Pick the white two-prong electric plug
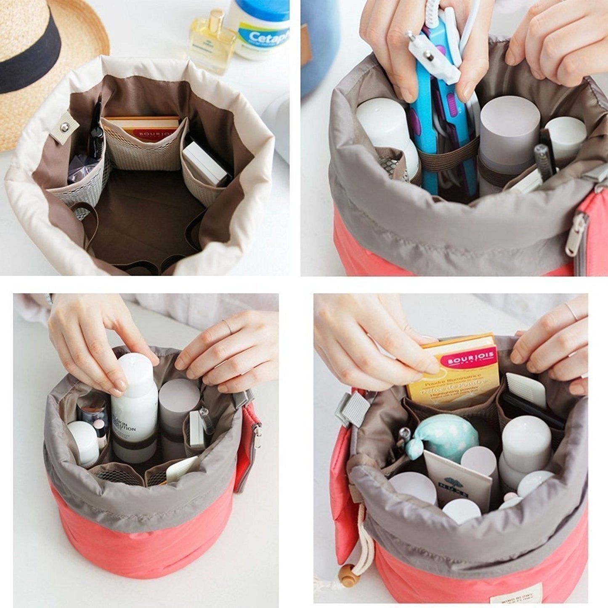tap(433, 57)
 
